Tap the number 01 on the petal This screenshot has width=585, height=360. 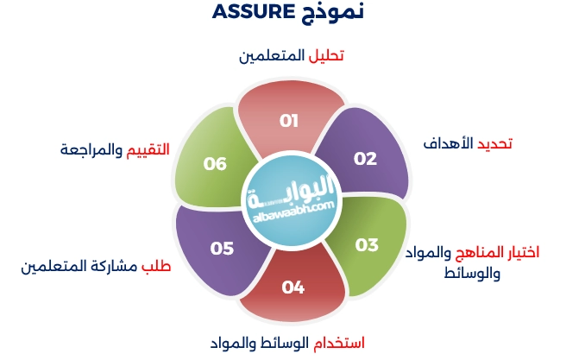288,121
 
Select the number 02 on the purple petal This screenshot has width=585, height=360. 365,159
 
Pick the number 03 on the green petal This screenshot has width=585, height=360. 367,244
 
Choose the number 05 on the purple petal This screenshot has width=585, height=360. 222,249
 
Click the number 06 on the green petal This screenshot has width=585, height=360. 215,162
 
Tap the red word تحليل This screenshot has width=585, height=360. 327,55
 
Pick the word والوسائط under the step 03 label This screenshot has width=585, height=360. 471,273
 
